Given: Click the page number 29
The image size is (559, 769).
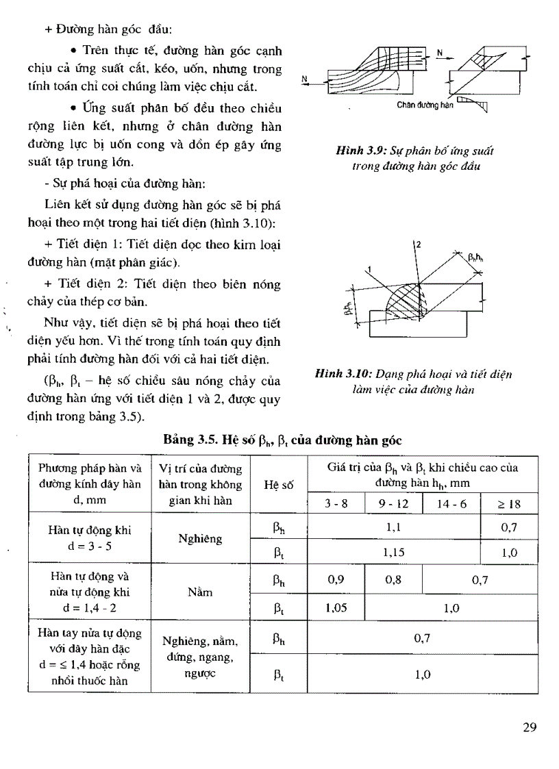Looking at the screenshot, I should point(527,728).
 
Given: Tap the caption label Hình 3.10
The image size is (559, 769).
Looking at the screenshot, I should point(340,375).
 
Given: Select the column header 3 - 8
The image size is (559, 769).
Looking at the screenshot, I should point(336,504).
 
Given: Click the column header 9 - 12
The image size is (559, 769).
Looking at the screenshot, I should point(393,504).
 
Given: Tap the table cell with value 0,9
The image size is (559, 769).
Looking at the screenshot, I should point(336,579).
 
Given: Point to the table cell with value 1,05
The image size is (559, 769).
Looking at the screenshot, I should point(336,607).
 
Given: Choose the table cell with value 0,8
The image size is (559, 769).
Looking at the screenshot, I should point(393,579).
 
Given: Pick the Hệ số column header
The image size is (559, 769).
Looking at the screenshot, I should point(278,484).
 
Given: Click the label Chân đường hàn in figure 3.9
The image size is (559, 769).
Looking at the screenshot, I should point(425,105).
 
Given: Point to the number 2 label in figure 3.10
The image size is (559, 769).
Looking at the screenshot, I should point(418,244).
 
